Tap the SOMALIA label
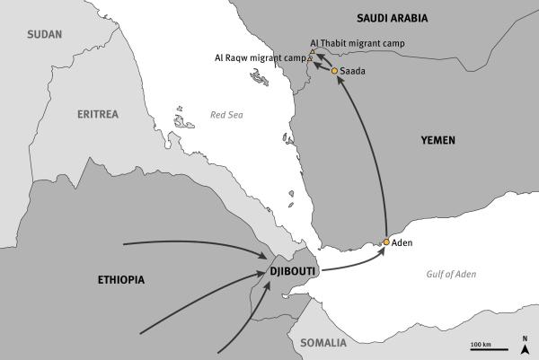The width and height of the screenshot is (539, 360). pos(323,343)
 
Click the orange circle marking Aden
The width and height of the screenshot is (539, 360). pos(385,242)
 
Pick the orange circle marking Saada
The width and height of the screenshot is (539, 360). pos(334,70)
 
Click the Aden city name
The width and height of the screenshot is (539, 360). pos(402,243)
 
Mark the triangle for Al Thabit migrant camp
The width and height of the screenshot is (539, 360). pos(312,53)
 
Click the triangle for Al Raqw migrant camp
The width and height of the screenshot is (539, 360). pos(310,58)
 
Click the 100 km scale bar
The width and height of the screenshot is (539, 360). pos(481,351)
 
